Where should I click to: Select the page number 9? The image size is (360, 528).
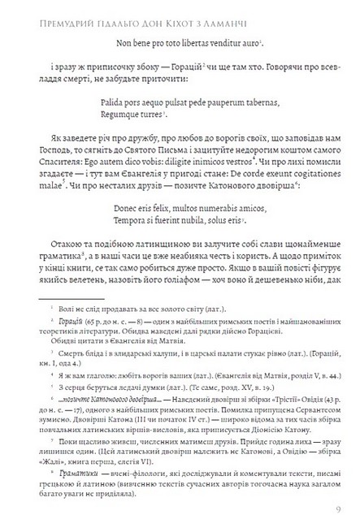coord(337,509)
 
